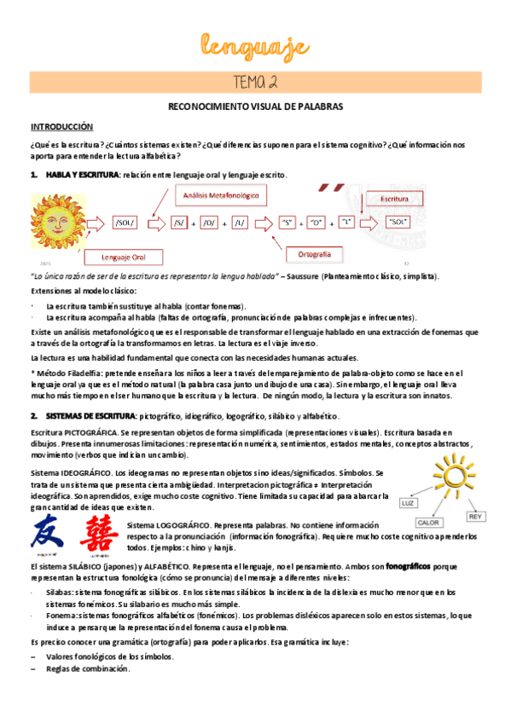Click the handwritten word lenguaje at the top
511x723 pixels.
click(x=255, y=43)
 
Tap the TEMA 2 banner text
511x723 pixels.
click(x=255, y=82)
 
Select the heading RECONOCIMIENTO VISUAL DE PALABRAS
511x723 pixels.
click(x=255, y=108)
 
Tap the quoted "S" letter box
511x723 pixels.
click(x=287, y=223)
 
